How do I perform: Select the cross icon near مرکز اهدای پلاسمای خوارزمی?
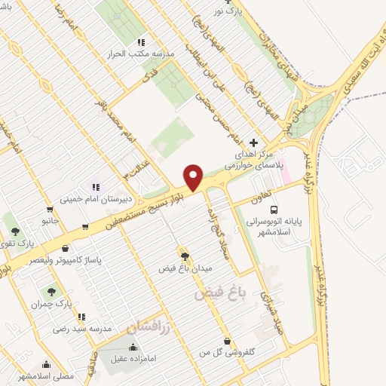[x=253, y=142]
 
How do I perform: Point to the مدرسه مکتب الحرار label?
[x=142, y=54]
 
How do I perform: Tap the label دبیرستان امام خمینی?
[x=96, y=199]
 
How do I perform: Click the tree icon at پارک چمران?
[x=51, y=290]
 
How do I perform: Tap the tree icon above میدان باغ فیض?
[x=182, y=256]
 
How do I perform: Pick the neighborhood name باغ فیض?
[x=215, y=292]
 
